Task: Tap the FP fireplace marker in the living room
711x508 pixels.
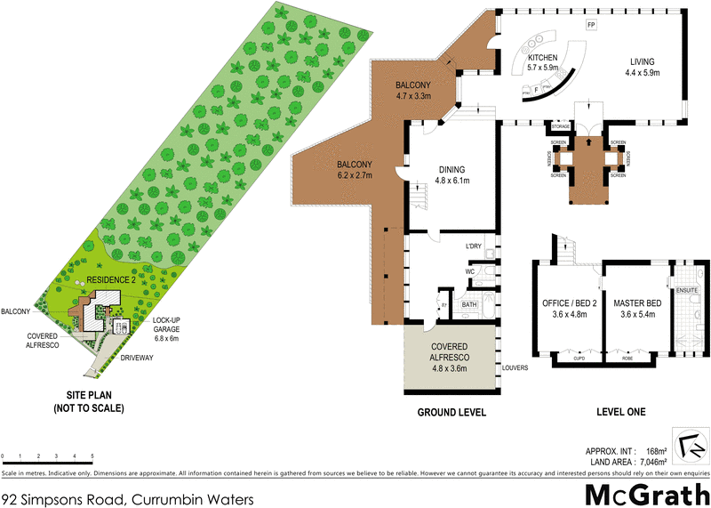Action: [x=590, y=24]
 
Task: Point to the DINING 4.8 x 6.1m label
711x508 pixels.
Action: [x=453, y=174]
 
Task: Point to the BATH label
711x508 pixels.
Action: [x=469, y=305]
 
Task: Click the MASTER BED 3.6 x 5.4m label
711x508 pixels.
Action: [x=633, y=308]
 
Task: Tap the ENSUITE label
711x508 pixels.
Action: [x=687, y=291]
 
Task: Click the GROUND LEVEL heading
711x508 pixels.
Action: [x=451, y=413]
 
